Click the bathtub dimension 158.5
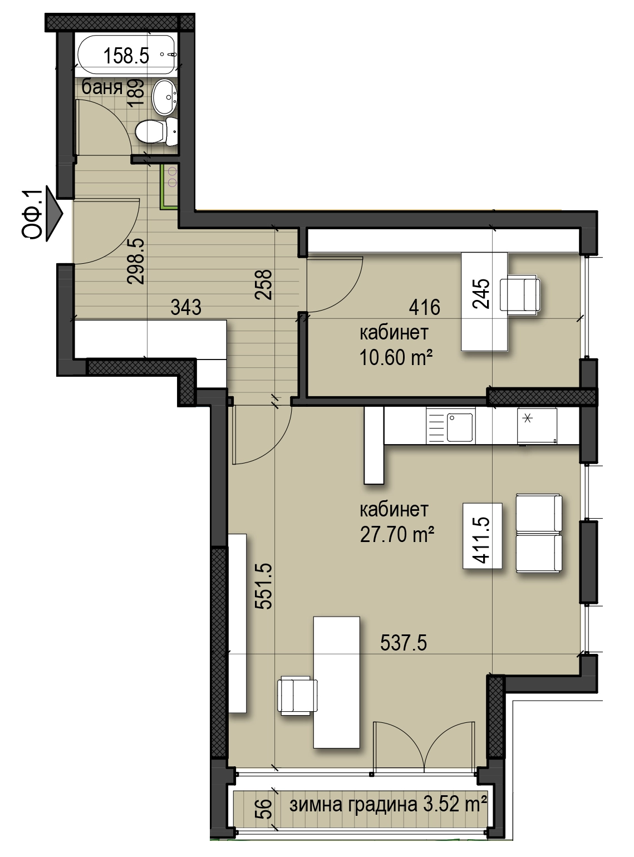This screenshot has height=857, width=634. (126, 56)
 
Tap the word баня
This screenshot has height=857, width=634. (102, 87)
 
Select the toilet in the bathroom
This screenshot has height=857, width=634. (156, 131)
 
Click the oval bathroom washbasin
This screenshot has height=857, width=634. (164, 97)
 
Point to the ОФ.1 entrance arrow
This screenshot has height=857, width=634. (54, 214)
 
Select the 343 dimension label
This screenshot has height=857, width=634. (186, 308)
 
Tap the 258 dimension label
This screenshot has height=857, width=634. (264, 284)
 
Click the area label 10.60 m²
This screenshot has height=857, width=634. (396, 357)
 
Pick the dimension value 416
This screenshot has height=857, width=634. (425, 308)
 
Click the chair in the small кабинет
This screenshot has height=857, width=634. (520, 295)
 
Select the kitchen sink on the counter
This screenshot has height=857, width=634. (460, 428)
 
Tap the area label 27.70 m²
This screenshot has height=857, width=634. (397, 535)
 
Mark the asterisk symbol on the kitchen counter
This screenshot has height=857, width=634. (527, 418)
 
